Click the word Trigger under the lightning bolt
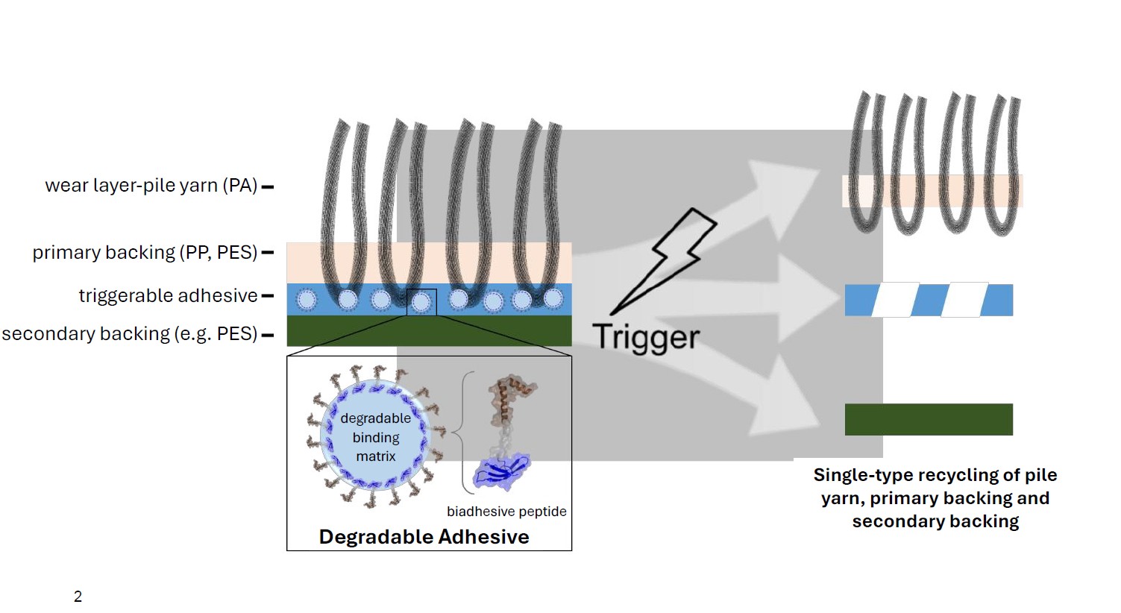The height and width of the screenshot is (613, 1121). [646, 337]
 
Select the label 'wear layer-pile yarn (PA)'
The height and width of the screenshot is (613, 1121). [151, 186]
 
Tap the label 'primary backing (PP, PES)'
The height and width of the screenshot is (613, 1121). [145, 253]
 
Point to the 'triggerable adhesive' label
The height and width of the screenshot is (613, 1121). [168, 296]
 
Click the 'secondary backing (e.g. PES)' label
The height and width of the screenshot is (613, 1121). [129, 334]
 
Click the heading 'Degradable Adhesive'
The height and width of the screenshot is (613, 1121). [424, 537]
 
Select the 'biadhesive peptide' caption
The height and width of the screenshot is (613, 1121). [506, 512]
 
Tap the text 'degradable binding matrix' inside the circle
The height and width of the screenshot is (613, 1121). [375, 437]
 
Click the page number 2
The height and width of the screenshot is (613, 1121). [78, 597]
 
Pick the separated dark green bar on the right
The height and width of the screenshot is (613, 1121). [929, 419]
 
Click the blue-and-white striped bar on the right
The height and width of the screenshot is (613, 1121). [929, 300]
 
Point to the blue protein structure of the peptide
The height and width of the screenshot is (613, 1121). [503, 473]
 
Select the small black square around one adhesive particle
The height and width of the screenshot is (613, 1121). [421, 302]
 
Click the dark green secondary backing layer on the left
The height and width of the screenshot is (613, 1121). [429, 331]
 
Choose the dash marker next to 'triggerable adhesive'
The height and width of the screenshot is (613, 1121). [267, 296]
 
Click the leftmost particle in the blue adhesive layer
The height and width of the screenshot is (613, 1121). [307, 300]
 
